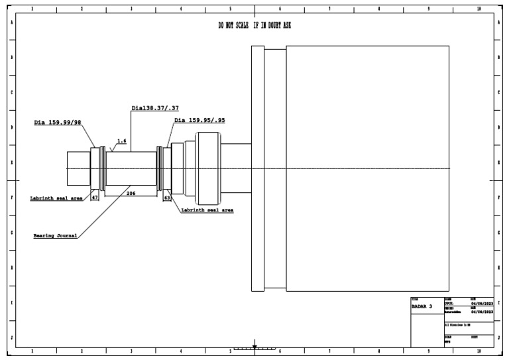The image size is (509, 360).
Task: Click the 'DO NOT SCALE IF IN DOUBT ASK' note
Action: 254,25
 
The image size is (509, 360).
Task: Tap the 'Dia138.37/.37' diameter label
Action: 155,107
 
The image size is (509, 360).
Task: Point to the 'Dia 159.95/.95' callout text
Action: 199,121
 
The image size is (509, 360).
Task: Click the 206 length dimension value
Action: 131,193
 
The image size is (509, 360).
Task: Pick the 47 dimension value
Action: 95,198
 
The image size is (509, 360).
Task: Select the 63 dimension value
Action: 167,198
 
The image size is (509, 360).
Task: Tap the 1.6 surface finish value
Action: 122,141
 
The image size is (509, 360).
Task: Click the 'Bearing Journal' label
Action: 56,235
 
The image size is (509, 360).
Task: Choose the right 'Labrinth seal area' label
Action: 207,210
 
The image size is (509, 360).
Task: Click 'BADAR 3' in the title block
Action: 422,306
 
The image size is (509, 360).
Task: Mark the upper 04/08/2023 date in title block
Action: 481,303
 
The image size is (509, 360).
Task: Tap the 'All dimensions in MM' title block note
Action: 460,326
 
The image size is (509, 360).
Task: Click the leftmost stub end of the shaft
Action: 78,168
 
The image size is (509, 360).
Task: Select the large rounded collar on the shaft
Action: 207,168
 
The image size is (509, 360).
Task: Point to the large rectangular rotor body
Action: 368,168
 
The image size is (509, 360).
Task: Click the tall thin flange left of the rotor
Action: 258,168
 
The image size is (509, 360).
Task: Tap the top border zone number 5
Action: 230,9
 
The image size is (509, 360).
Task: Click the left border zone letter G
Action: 11,233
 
